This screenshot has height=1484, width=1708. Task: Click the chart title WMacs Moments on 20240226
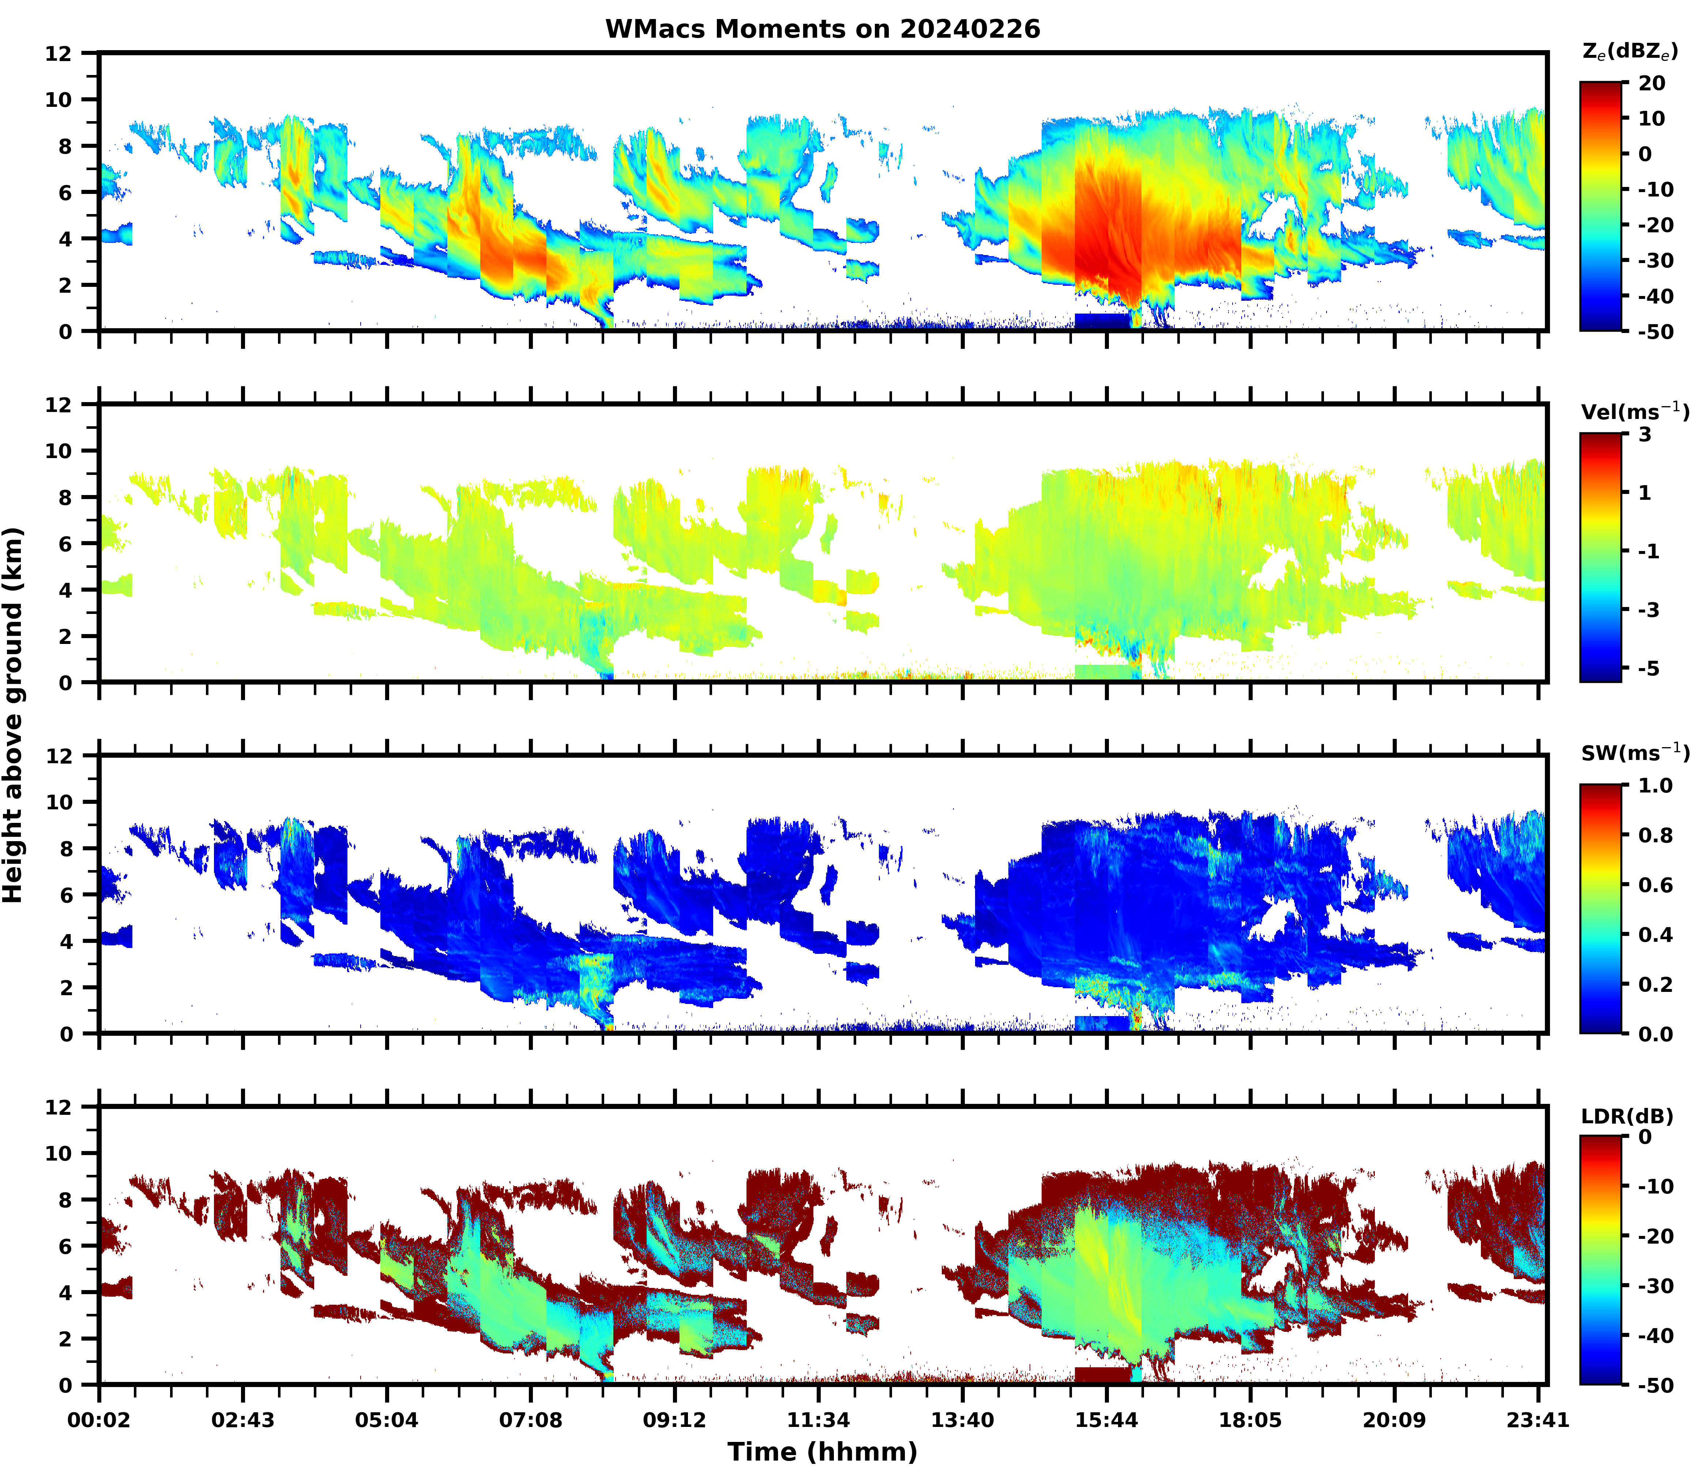click(x=822, y=29)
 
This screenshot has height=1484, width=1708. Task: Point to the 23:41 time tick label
click(x=1538, y=1420)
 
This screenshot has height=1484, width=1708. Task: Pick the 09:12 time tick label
click(x=674, y=1420)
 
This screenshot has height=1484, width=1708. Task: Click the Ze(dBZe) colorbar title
click(x=1629, y=51)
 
